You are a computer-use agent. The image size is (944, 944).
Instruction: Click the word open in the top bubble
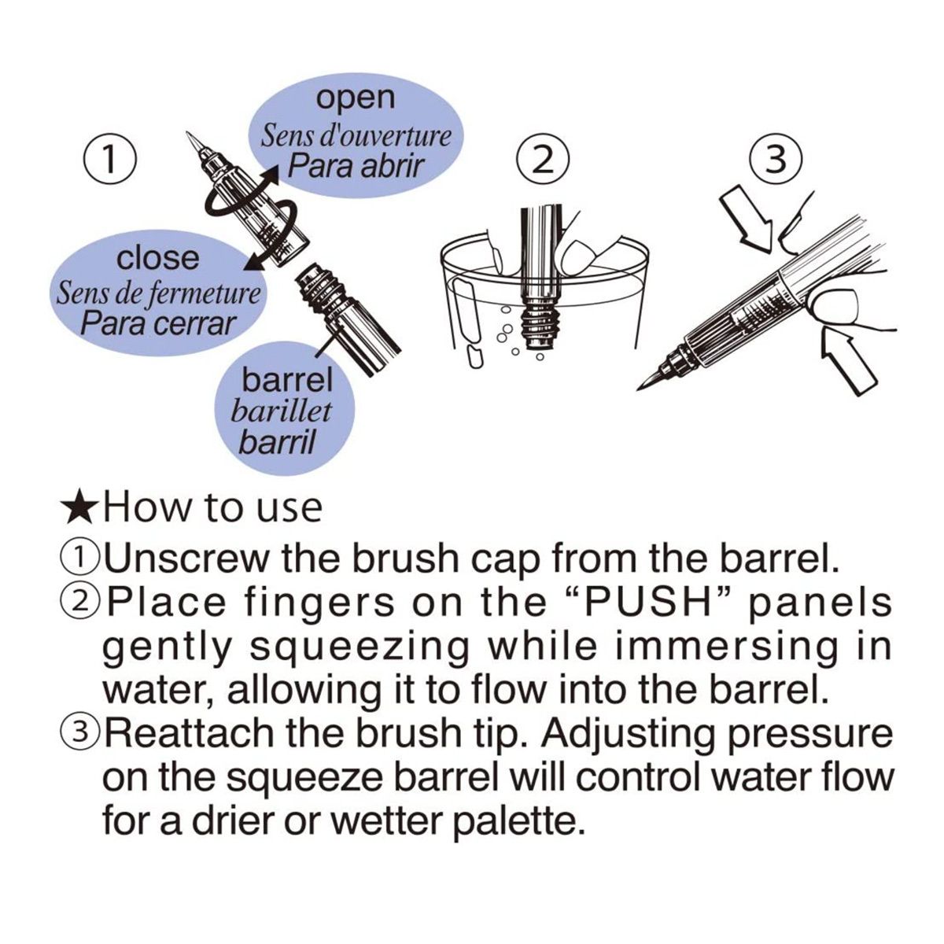click(x=355, y=98)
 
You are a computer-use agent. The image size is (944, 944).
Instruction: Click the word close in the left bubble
click(x=158, y=258)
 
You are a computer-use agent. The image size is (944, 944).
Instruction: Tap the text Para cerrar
click(x=158, y=324)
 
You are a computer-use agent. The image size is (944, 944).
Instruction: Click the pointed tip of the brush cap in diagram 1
click(x=188, y=133)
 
